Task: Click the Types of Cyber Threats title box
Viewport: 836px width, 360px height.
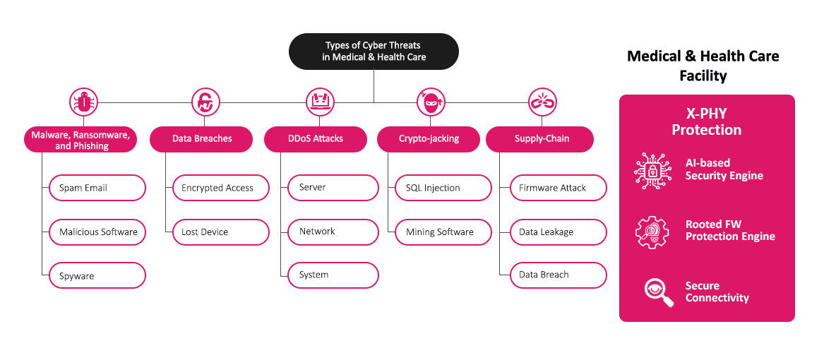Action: (374, 52)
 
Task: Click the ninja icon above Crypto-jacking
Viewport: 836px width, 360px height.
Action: (430, 102)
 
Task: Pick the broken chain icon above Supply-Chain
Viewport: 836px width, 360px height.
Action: (539, 102)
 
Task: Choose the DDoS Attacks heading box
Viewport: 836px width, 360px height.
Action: (316, 139)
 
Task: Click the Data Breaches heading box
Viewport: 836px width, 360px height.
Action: (202, 139)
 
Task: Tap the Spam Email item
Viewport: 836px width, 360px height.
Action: (97, 188)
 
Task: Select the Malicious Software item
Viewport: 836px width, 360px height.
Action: (97, 232)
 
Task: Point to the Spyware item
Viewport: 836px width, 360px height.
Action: (97, 276)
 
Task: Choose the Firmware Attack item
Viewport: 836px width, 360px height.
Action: (559, 188)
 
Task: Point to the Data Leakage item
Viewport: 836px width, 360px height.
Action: (559, 232)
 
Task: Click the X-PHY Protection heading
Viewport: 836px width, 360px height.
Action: (706, 122)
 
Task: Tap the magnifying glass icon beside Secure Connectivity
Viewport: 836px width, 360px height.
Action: (657, 292)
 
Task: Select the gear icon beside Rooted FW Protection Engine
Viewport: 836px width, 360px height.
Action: (652, 231)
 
